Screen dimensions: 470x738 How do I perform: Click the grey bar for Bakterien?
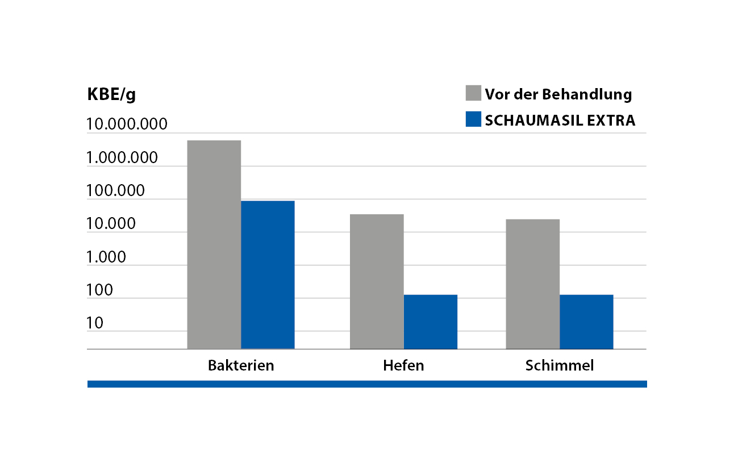[x=214, y=244]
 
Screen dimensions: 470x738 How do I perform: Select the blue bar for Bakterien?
[x=268, y=274]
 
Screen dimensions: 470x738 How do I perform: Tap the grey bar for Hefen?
[x=377, y=281]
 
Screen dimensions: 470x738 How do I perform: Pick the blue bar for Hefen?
[x=430, y=322]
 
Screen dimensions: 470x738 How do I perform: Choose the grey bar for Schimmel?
[x=532, y=284]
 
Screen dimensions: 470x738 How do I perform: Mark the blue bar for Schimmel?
[x=586, y=322]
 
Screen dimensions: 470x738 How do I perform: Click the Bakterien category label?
[x=241, y=365]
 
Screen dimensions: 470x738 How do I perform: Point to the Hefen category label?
[x=403, y=365]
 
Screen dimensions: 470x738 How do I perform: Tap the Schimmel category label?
[x=560, y=365]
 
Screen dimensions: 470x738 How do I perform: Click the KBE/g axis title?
[x=111, y=94]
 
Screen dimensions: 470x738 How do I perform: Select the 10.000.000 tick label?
[x=127, y=124]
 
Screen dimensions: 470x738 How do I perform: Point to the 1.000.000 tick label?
[x=122, y=157]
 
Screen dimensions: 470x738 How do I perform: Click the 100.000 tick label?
[x=116, y=191]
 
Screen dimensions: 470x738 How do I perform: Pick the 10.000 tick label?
[x=111, y=224]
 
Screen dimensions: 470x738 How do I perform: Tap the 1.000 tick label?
[x=106, y=257]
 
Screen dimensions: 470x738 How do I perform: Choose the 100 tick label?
[x=100, y=290]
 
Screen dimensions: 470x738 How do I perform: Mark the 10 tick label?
[x=95, y=323]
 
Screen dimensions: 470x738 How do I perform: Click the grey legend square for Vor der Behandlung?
[x=473, y=93]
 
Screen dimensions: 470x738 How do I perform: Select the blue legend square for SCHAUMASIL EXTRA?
[x=473, y=119]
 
